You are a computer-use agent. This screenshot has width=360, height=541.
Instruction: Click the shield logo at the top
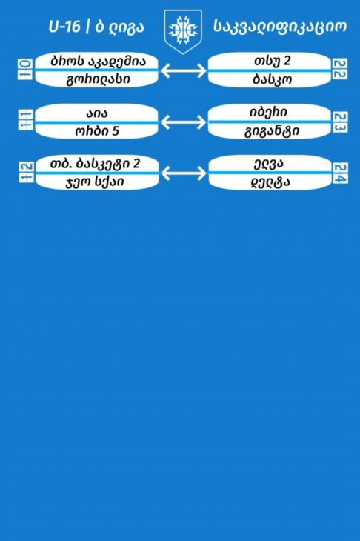tap(183, 31)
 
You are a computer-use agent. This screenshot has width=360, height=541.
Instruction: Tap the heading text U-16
tap(64, 27)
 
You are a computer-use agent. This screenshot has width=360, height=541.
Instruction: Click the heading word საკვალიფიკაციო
tap(280, 27)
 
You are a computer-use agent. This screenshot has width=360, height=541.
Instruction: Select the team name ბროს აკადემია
tap(98, 61)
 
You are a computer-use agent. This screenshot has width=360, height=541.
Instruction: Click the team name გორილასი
tap(98, 79)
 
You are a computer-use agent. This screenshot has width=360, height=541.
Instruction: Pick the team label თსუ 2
tap(272, 61)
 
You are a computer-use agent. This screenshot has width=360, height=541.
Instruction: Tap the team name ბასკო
tap(272, 79)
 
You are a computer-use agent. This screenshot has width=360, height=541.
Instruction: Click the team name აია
tap(96, 113)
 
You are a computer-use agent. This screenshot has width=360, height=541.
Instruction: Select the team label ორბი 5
tap(97, 130)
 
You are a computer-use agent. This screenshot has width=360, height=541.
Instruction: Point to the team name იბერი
tap(268, 113)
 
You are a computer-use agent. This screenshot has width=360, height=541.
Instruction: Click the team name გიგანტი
tap(272, 131)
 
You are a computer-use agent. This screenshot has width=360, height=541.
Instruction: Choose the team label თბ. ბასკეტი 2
tap(95, 164)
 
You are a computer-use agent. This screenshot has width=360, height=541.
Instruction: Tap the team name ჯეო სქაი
tap(95, 182)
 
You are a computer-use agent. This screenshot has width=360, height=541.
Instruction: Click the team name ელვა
tap(268, 164)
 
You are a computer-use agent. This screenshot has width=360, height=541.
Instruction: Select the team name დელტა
tap(270, 182)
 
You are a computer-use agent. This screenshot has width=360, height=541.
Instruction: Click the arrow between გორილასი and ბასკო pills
tap(184, 70)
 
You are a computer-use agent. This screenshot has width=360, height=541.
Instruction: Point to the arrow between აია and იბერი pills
tap(184, 122)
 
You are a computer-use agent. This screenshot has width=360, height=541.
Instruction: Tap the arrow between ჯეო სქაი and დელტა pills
tap(184, 173)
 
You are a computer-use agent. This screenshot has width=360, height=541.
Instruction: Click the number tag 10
tap(25, 69)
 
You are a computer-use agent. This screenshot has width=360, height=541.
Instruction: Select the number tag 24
tap(340, 173)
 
